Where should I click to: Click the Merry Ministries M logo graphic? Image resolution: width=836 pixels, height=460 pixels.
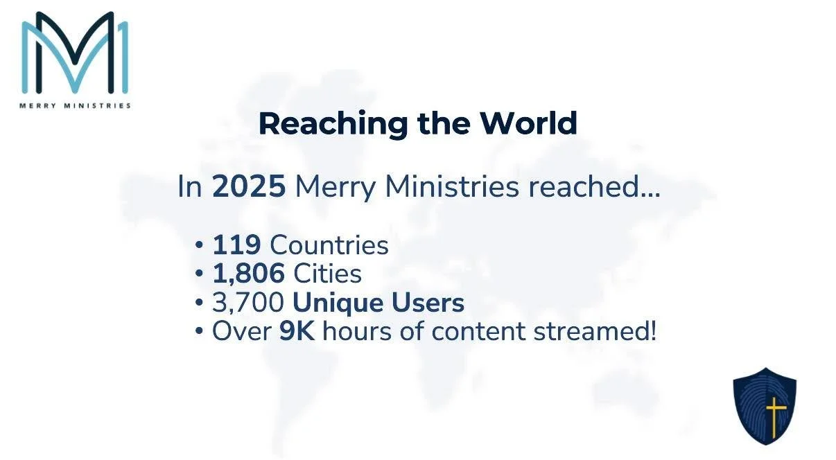coord(75,53)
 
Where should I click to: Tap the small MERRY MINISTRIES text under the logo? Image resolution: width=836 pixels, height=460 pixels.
coord(75,106)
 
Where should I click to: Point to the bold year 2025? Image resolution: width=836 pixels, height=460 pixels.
coord(249,188)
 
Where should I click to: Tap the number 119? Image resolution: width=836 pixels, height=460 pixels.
coord(236,245)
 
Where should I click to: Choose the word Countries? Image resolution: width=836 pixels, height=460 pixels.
coord(329,245)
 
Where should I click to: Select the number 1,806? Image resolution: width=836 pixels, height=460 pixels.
coord(248,274)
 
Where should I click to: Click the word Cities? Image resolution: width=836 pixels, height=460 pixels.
coord(327,274)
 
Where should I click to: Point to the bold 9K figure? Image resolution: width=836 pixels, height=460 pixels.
coord(297,331)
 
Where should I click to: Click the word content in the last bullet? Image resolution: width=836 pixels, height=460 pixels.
coord(479,331)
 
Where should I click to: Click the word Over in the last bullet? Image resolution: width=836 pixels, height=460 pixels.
coord(241,331)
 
